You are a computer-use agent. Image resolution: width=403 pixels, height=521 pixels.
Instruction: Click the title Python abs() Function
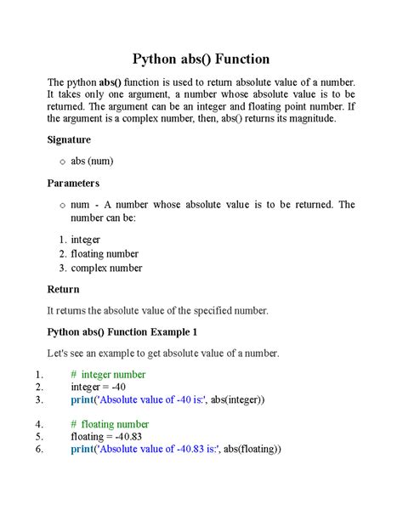click(201, 59)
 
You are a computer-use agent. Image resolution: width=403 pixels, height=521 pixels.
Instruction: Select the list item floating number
click(105, 253)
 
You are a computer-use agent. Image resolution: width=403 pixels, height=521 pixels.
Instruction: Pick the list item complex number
click(106, 268)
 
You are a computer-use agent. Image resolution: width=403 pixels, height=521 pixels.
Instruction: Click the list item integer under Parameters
click(86, 240)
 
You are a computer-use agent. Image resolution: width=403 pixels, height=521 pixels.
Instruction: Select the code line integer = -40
click(99, 388)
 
